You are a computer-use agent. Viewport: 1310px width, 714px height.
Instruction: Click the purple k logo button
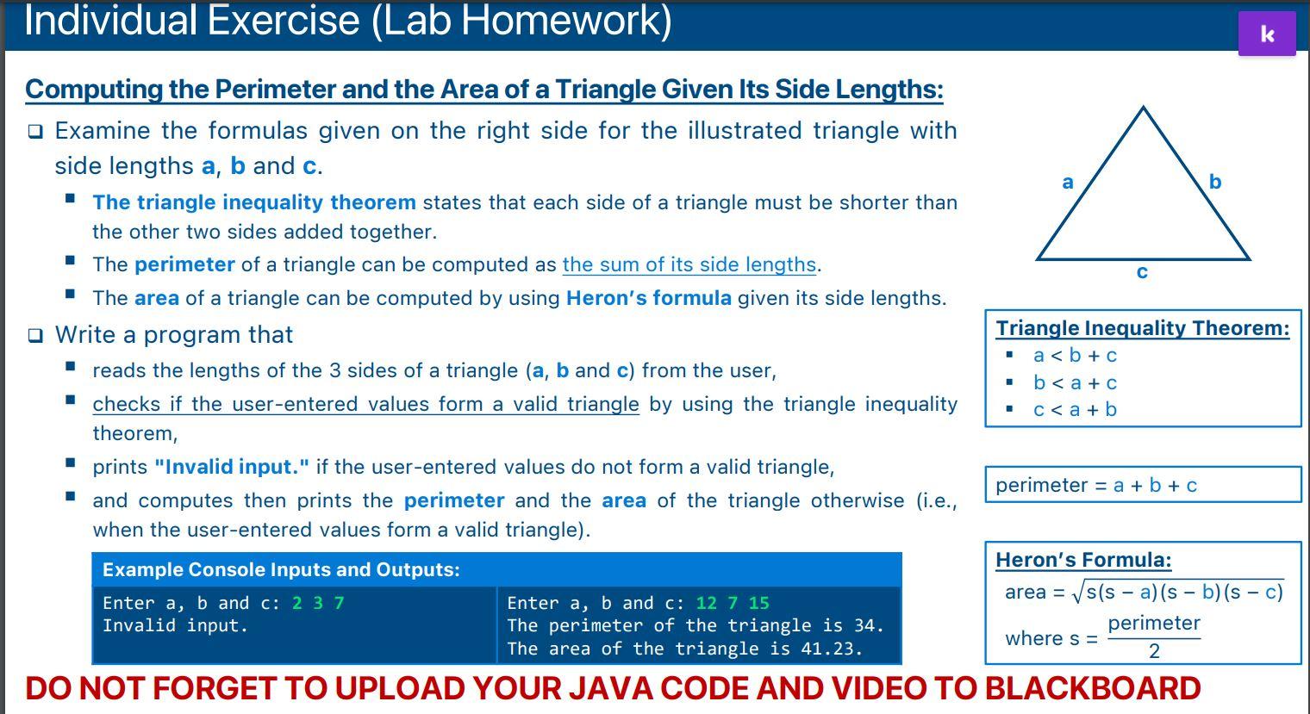coord(1266,34)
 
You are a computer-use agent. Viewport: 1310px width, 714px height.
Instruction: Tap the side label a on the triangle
coord(1068,182)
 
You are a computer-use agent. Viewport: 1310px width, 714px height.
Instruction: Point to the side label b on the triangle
coord(1215,182)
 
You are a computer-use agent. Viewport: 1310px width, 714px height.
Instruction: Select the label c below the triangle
coord(1142,272)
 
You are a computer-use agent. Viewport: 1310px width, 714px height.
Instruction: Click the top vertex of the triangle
coord(1143,109)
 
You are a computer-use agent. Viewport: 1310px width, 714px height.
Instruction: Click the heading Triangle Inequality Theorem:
coord(1142,328)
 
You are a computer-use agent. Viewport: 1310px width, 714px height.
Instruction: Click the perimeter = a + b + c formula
coord(1096,485)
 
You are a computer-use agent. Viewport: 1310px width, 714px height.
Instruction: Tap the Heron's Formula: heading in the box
coord(1083,560)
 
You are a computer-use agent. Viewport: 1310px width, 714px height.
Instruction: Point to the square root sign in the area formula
coord(1076,593)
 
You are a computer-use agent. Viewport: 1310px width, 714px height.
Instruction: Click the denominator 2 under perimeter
coord(1154,651)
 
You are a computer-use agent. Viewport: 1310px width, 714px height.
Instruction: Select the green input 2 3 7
coord(318,603)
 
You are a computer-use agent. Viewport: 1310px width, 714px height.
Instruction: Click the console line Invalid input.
coord(175,626)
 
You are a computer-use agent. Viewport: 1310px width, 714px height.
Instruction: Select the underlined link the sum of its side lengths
coord(689,264)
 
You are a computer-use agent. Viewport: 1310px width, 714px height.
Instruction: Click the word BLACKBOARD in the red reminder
coord(1092,688)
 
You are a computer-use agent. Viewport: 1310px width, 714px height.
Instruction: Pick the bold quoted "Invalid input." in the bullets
coord(232,467)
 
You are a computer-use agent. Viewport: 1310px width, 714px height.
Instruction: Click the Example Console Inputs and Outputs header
coord(281,570)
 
